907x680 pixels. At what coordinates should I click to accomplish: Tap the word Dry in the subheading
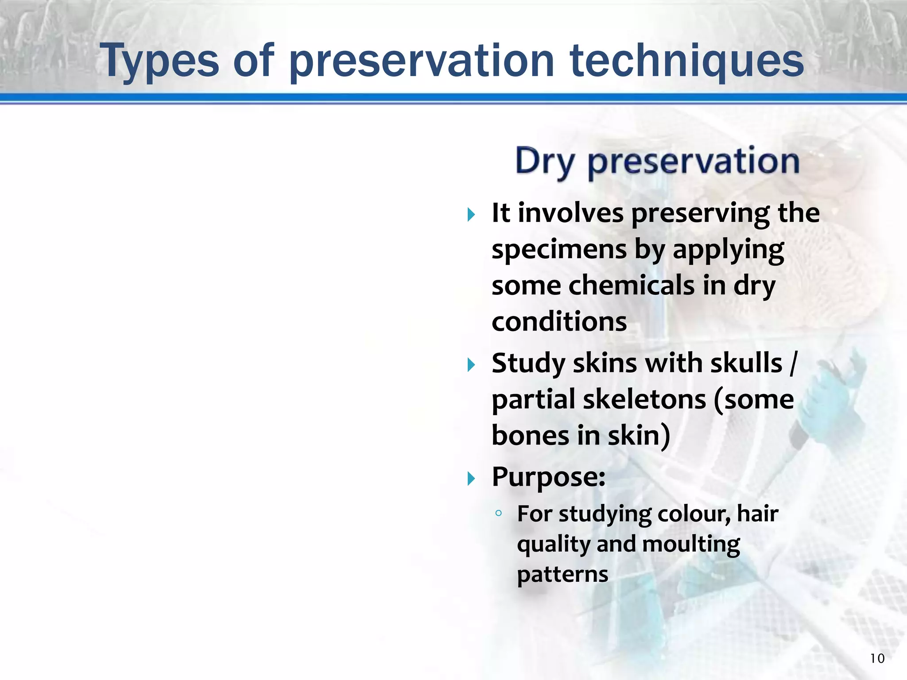click(545, 162)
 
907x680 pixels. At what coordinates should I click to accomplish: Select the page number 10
click(877, 658)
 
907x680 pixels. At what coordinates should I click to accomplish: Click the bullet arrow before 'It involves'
click(471, 216)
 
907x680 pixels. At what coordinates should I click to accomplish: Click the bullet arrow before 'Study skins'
click(471, 365)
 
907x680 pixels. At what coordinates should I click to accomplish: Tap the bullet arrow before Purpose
click(471, 479)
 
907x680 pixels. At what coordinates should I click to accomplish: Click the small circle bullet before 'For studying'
click(499, 513)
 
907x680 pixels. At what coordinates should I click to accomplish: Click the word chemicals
click(632, 286)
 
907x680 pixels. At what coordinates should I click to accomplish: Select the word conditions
click(559, 321)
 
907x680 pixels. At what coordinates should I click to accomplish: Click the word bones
click(530, 435)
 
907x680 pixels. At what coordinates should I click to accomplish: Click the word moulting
click(691, 545)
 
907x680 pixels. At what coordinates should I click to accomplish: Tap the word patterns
click(562, 575)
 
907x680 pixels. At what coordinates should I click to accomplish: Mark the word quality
click(554, 545)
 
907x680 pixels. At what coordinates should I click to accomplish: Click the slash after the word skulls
click(793, 363)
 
